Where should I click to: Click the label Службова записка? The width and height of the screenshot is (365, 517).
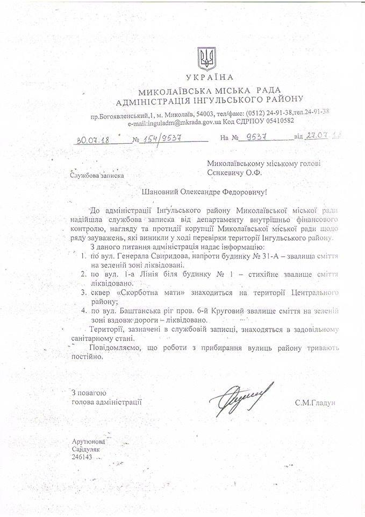tap(96, 174)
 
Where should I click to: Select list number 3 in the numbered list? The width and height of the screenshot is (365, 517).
tap(83, 294)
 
